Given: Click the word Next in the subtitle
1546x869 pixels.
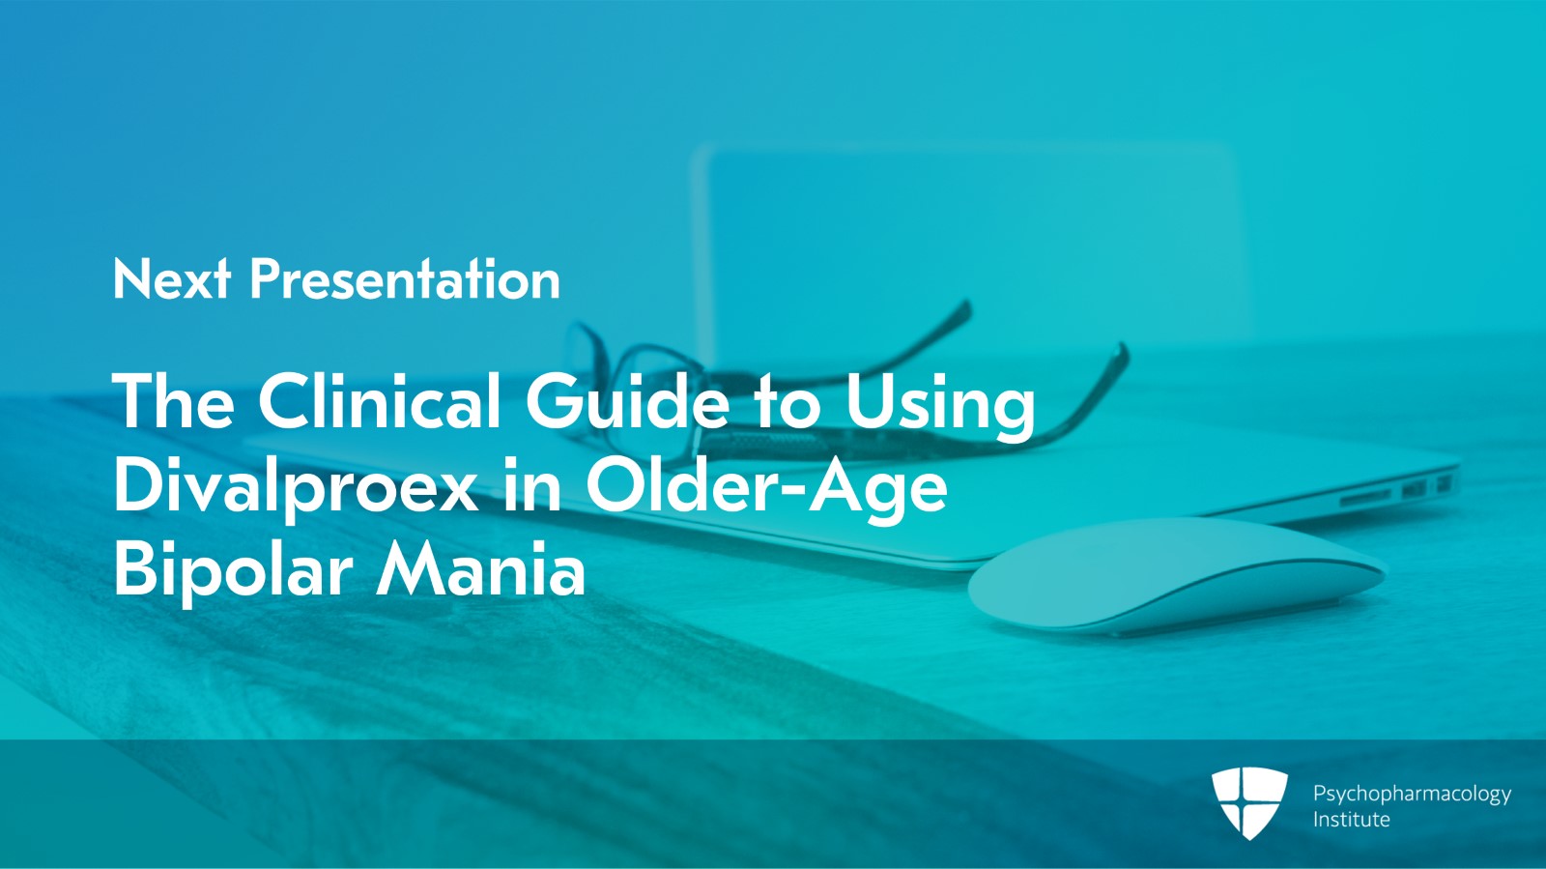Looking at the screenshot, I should click(x=171, y=280).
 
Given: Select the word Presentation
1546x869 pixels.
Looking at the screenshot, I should click(x=405, y=280).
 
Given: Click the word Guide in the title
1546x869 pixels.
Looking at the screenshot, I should click(x=627, y=401).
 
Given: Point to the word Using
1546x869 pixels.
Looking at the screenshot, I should click(x=940, y=403).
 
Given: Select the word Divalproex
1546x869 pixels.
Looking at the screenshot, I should click(x=296, y=486).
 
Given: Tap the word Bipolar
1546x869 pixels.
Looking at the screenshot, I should click(x=233, y=570).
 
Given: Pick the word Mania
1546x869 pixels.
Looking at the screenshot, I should click(x=480, y=570).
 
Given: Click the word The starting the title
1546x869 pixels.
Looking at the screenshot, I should click(x=174, y=401).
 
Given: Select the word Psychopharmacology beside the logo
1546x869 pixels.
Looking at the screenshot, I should click(x=1412, y=794).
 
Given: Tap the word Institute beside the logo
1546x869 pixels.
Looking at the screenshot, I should click(x=1351, y=820).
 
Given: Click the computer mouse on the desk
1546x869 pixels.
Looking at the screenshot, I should click(x=1174, y=577).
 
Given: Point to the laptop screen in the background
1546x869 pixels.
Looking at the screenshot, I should click(x=966, y=242).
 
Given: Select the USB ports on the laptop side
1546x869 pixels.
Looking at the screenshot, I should click(x=1425, y=487).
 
